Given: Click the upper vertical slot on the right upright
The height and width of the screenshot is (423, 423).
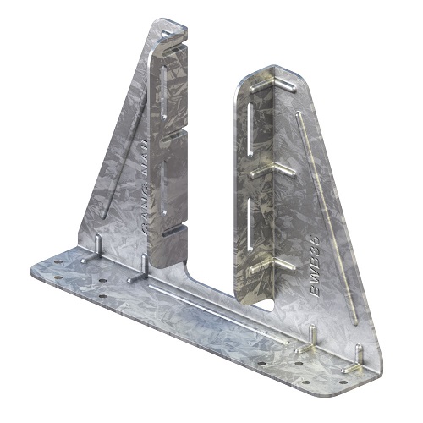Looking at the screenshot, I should click(252, 132).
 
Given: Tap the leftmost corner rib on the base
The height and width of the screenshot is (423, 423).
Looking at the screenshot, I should click(98, 247).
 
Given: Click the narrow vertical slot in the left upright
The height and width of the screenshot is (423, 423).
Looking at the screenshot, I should click(159, 93).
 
